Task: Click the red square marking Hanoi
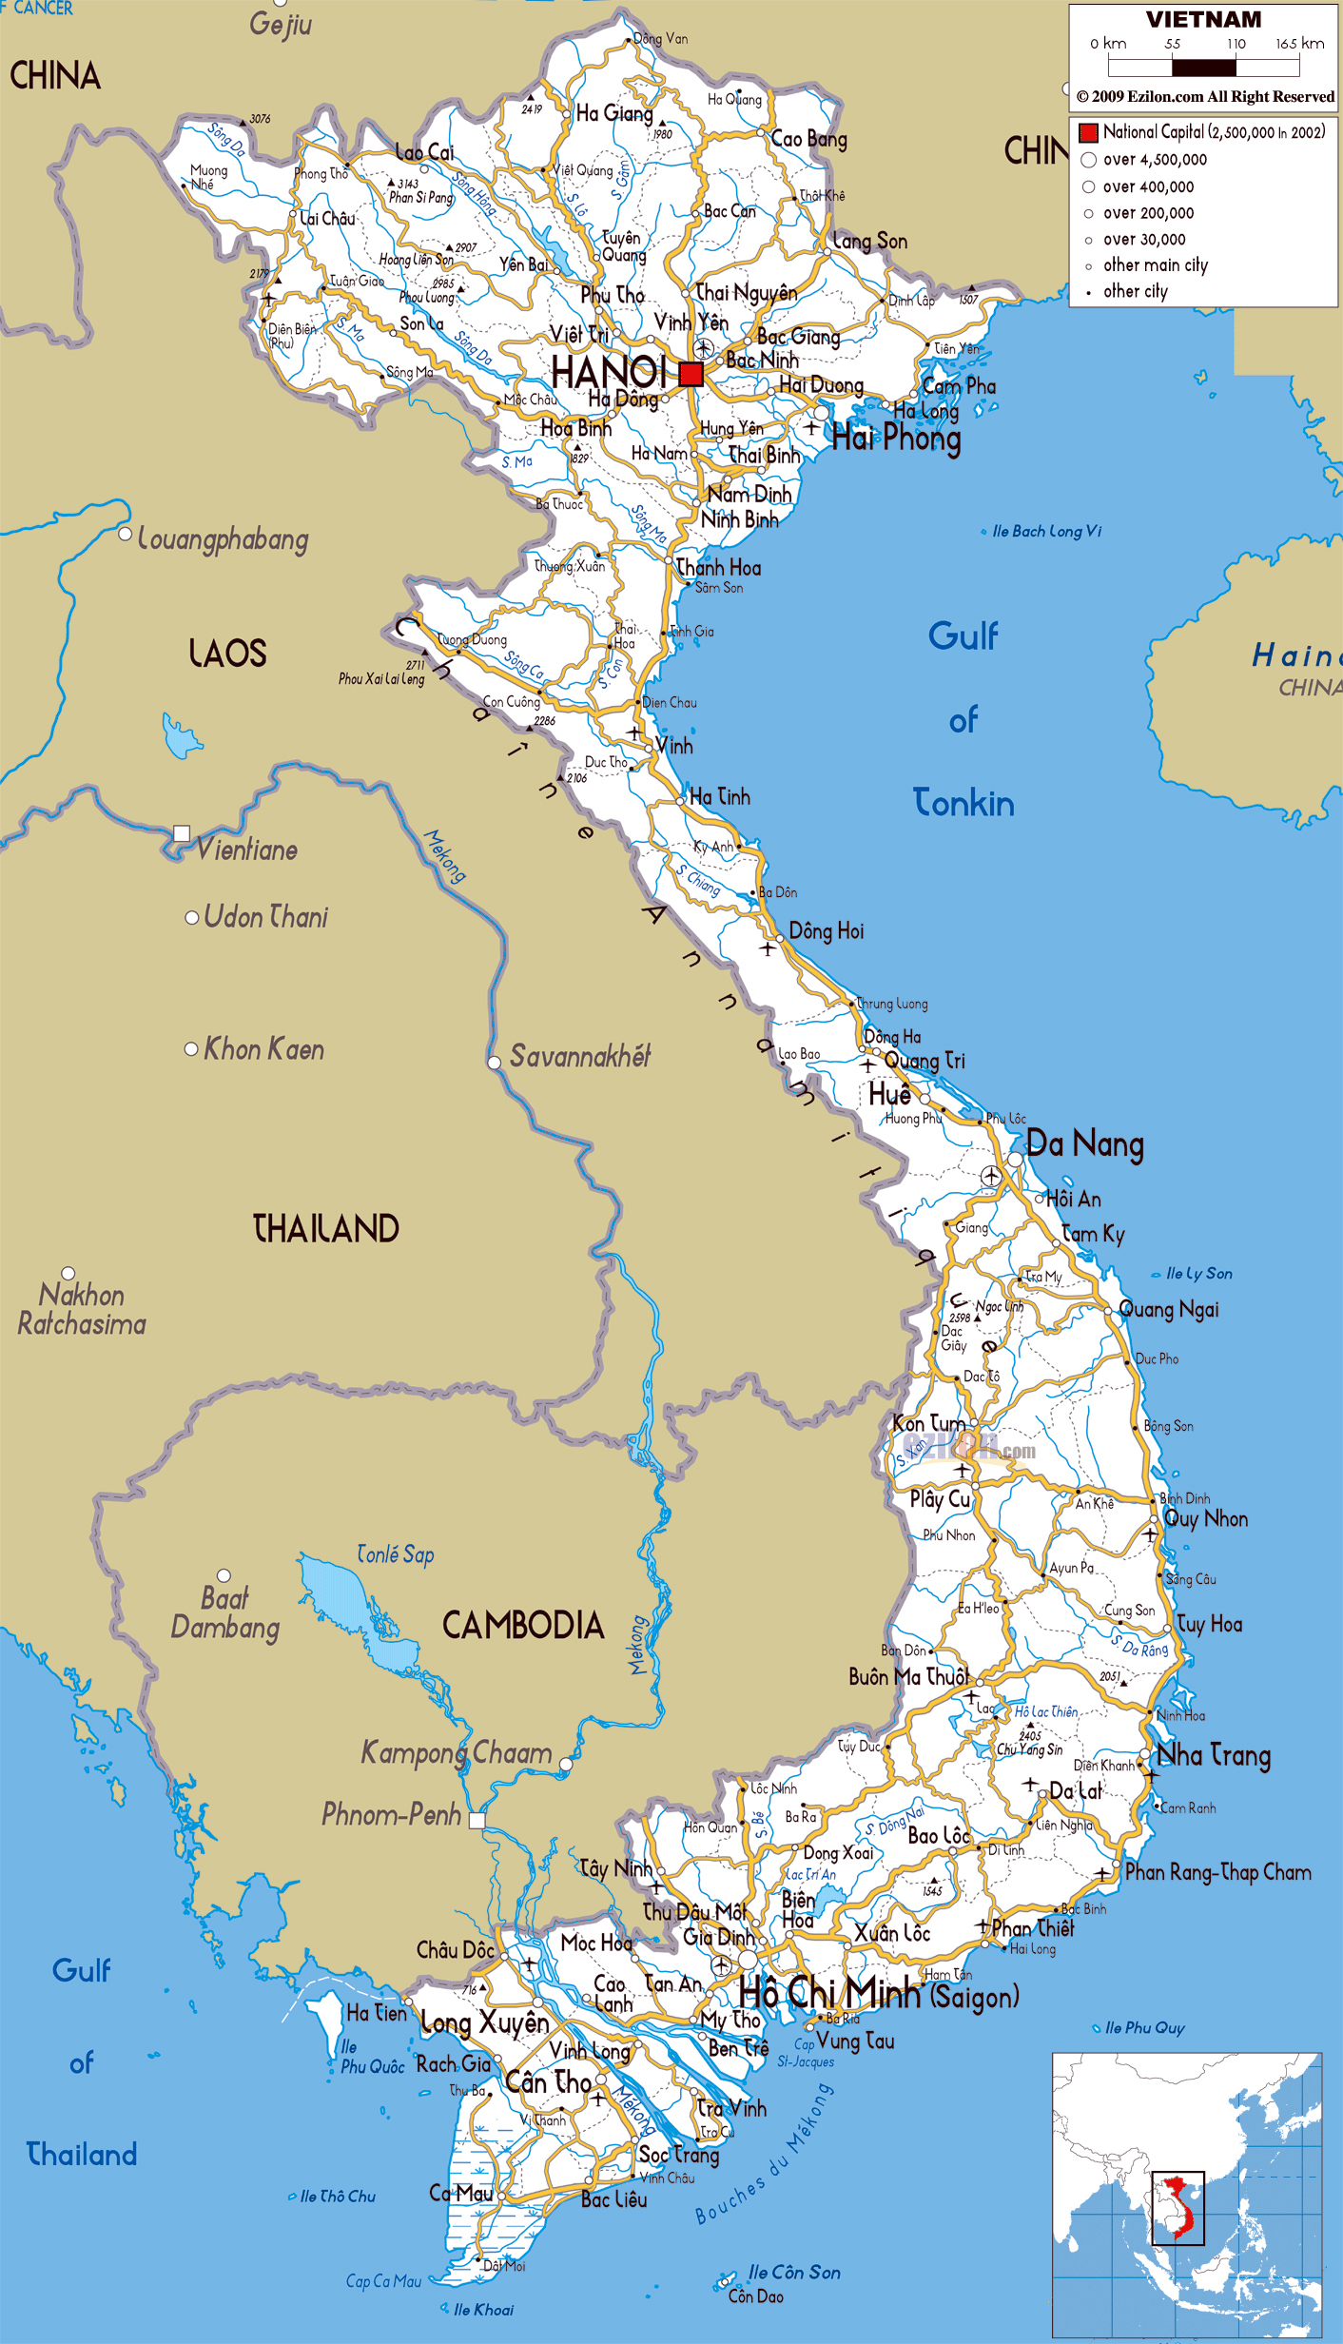pos(691,374)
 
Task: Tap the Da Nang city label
pos(1084,1144)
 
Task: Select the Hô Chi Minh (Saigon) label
pos(878,1994)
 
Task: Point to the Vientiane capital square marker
pos(182,833)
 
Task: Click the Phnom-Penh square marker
pos(477,1820)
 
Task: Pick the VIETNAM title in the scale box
pos(1203,20)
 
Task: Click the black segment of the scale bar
pos(1203,68)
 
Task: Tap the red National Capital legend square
pos(1088,132)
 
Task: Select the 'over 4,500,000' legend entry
pos(1154,160)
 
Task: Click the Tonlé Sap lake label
pos(395,1554)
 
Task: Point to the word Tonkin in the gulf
pos(963,804)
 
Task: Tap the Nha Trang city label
pos(1214,1755)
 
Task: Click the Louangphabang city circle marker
pos(125,534)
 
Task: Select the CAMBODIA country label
pos(523,1625)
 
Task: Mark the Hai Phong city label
pos(896,439)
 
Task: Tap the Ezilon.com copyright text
pos(1205,97)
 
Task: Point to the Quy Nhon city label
pos(1206,1519)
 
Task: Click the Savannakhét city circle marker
pos(495,1063)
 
